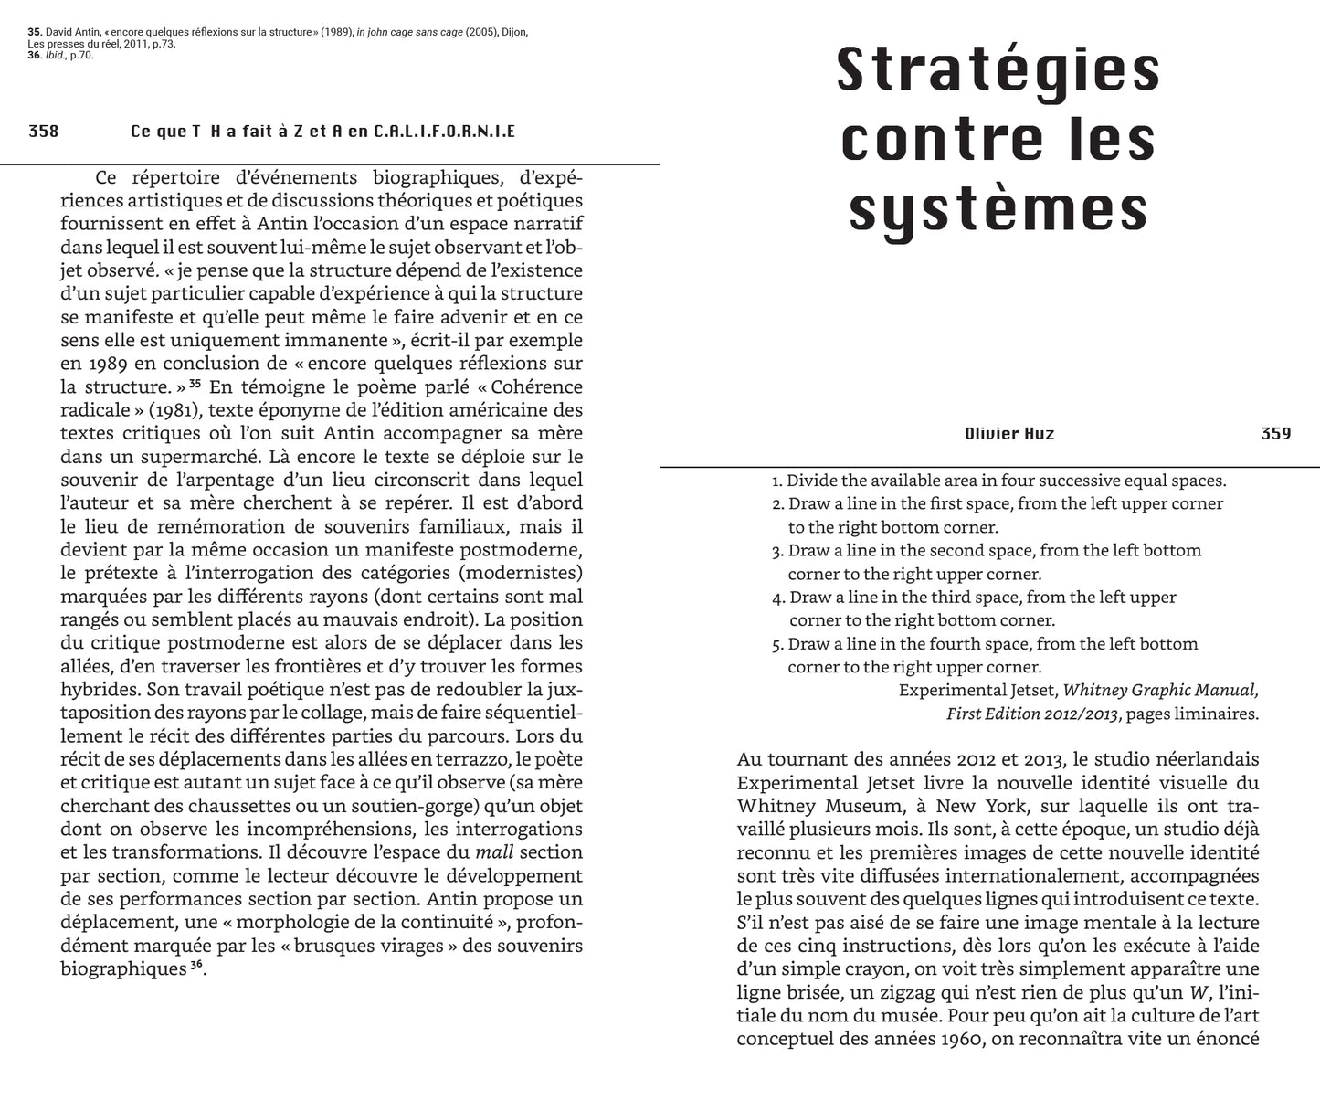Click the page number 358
(x=44, y=132)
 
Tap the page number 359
(x=1276, y=433)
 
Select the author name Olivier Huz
(x=1009, y=433)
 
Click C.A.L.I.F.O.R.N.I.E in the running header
(x=445, y=132)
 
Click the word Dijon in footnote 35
(x=512, y=32)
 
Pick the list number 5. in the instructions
(x=777, y=644)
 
